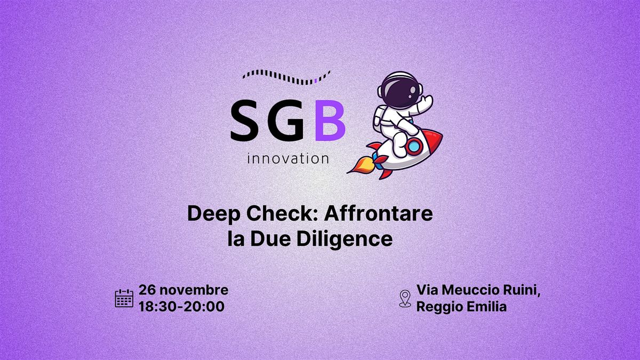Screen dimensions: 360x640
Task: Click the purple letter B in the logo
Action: pyautogui.click(x=330, y=122)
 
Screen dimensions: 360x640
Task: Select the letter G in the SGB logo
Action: pyautogui.click(x=289, y=122)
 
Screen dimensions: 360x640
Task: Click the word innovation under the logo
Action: pyautogui.click(x=288, y=158)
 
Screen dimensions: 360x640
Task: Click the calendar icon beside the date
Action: pyautogui.click(x=124, y=298)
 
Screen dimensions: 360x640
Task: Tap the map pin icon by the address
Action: pyautogui.click(x=405, y=299)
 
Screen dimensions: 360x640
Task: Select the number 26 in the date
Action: pyautogui.click(x=147, y=290)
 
